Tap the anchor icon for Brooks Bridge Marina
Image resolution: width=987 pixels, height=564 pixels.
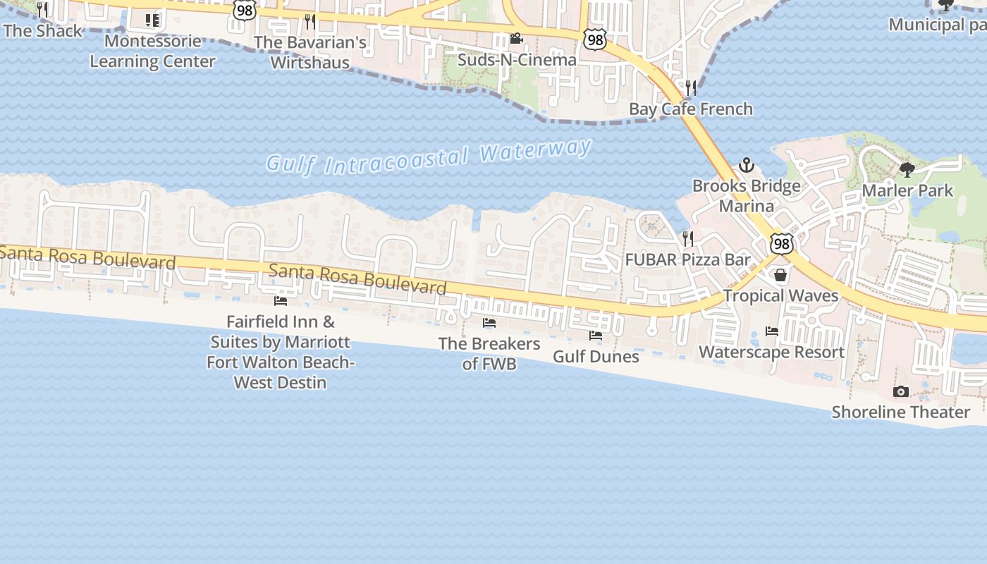[x=746, y=166]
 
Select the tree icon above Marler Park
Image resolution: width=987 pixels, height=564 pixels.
[x=907, y=169]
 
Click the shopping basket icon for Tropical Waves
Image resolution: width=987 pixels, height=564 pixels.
[x=780, y=274]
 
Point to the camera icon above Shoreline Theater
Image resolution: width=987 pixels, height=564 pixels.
[x=900, y=391]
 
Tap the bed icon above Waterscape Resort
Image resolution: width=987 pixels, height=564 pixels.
[x=772, y=331]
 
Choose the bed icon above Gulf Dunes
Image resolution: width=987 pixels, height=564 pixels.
[x=596, y=335]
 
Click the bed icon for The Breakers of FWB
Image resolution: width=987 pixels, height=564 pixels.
[x=489, y=323]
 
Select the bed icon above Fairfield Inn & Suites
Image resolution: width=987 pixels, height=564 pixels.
[x=281, y=301]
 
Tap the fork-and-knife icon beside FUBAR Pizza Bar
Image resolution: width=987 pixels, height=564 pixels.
[x=688, y=238]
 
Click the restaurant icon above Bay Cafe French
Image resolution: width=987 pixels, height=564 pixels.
[x=691, y=88]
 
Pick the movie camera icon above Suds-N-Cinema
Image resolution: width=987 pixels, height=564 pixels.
[x=517, y=38]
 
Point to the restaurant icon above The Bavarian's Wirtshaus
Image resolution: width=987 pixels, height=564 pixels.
[x=309, y=21]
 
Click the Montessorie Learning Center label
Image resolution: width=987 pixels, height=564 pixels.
[x=152, y=51]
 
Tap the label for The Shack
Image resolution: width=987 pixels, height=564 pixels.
[x=43, y=31]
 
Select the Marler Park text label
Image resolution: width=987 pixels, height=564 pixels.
[x=907, y=190]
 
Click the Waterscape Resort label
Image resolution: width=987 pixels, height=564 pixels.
[x=771, y=352]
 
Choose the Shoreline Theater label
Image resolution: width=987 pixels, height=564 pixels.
[x=900, y=412]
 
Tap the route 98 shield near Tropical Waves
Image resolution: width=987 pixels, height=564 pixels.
[x=781, y=244]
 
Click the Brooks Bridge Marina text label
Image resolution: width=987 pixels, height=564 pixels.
[x=746, y=196]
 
